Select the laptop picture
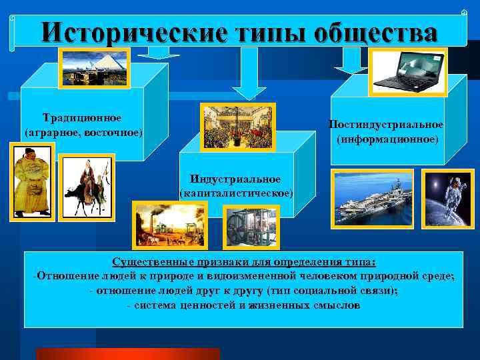(x=408, y=71)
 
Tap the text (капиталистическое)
(x=236, y=193)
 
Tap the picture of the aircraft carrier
(x=373, y=199)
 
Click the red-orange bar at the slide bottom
(x=127, y=353)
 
